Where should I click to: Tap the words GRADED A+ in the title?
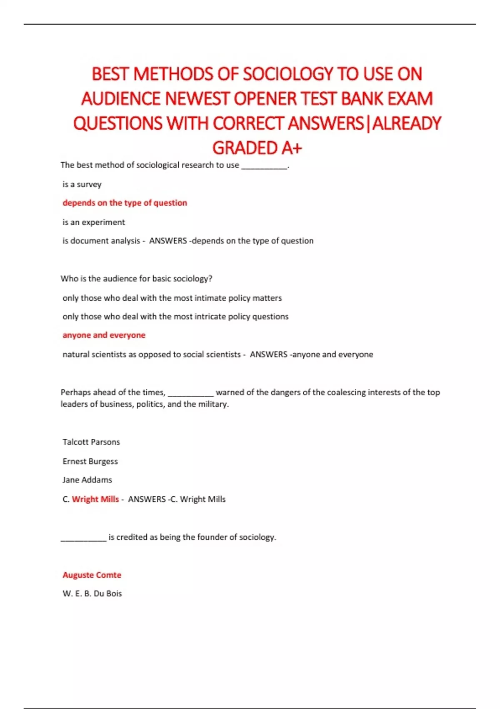pos(257,148)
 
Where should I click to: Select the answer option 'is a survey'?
pos(82,184)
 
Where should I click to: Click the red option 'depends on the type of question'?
pos(125,203)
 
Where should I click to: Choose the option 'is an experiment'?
pos(94,222)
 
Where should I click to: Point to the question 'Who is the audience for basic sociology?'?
pos(136,279)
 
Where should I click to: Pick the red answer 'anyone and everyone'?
pos(104,335)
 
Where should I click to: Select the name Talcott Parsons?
pos(91,442)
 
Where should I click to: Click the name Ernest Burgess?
pos(90,461)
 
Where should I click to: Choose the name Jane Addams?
pos(87,480)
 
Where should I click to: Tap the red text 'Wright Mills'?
pos(95,499)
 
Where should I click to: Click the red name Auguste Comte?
pos(92,575)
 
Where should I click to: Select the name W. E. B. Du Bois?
pos(92,593)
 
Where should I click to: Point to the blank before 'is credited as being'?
pos(83,538)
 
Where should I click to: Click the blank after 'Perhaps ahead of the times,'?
pos(191,393)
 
